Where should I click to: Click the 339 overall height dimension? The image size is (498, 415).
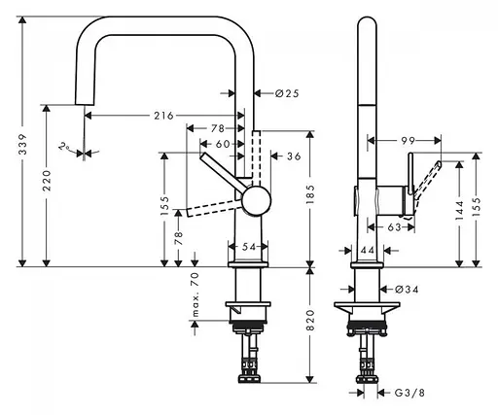tap(23, 144)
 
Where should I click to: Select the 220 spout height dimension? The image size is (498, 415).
tap(48, 181)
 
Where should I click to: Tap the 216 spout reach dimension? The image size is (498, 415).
tap(163, 116)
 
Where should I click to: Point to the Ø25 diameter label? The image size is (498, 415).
tap(287, 93)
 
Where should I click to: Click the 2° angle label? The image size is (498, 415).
tap(63, 147)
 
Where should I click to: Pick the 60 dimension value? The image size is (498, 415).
tap(223, 144)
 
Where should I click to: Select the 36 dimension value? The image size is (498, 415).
tap(294, 156)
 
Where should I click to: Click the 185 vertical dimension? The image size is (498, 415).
tap(310, 194)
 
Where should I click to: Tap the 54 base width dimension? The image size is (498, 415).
tap(249, 247)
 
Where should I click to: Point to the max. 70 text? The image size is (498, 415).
tap(195, 294)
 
